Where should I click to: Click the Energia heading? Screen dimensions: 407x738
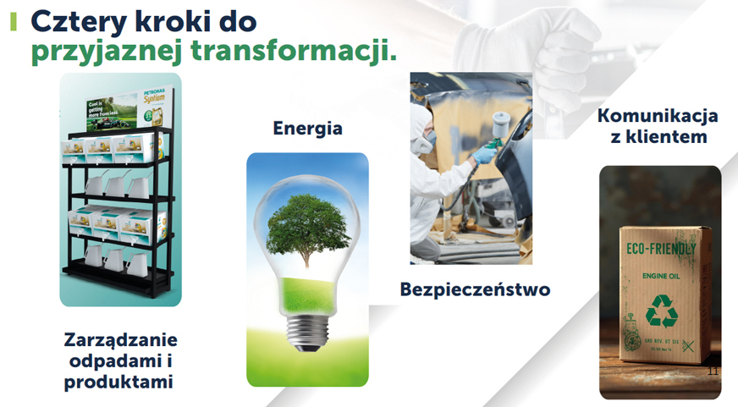coord(307,129)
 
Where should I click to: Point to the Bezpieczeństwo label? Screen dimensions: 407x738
coord(475,290)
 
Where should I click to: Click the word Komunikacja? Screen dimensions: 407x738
coord(658,115)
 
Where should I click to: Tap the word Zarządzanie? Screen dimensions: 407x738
coord(120,340)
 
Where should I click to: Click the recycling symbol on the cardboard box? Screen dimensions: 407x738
coord(661,311)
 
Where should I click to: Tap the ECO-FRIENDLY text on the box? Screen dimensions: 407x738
coord(661,251)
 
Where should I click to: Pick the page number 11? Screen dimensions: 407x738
coord(712,371)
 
